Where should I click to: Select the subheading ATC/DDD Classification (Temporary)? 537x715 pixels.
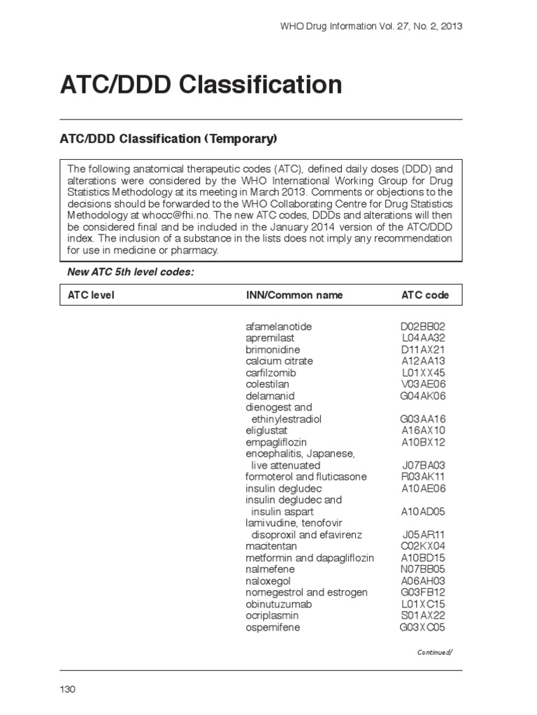[x=167, y=139]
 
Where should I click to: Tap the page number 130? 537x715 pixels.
[x=67, y=689]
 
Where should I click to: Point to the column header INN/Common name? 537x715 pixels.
[x=294, y=295]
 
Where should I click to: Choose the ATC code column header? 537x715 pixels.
[x=425, y=295]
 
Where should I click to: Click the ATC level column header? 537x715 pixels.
[x=91, y=295]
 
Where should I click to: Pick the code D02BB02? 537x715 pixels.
[x=422, y=327]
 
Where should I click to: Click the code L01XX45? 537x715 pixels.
[x=423, y=373]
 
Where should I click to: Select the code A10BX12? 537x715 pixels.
[x=423, y=442]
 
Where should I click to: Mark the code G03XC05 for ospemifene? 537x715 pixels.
[x=422, y=626]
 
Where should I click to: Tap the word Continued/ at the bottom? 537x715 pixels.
[x=435, y=652]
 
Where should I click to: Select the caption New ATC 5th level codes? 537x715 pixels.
[x=130, y=272]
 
